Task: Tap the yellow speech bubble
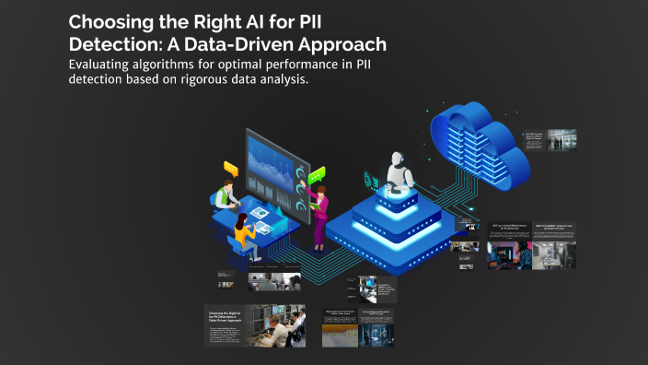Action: (230, 169)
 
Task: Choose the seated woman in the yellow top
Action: (243, 236)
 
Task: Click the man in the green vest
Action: (223, 198)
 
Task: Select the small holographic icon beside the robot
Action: (372, 179)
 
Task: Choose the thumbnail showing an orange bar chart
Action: (340, 333)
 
